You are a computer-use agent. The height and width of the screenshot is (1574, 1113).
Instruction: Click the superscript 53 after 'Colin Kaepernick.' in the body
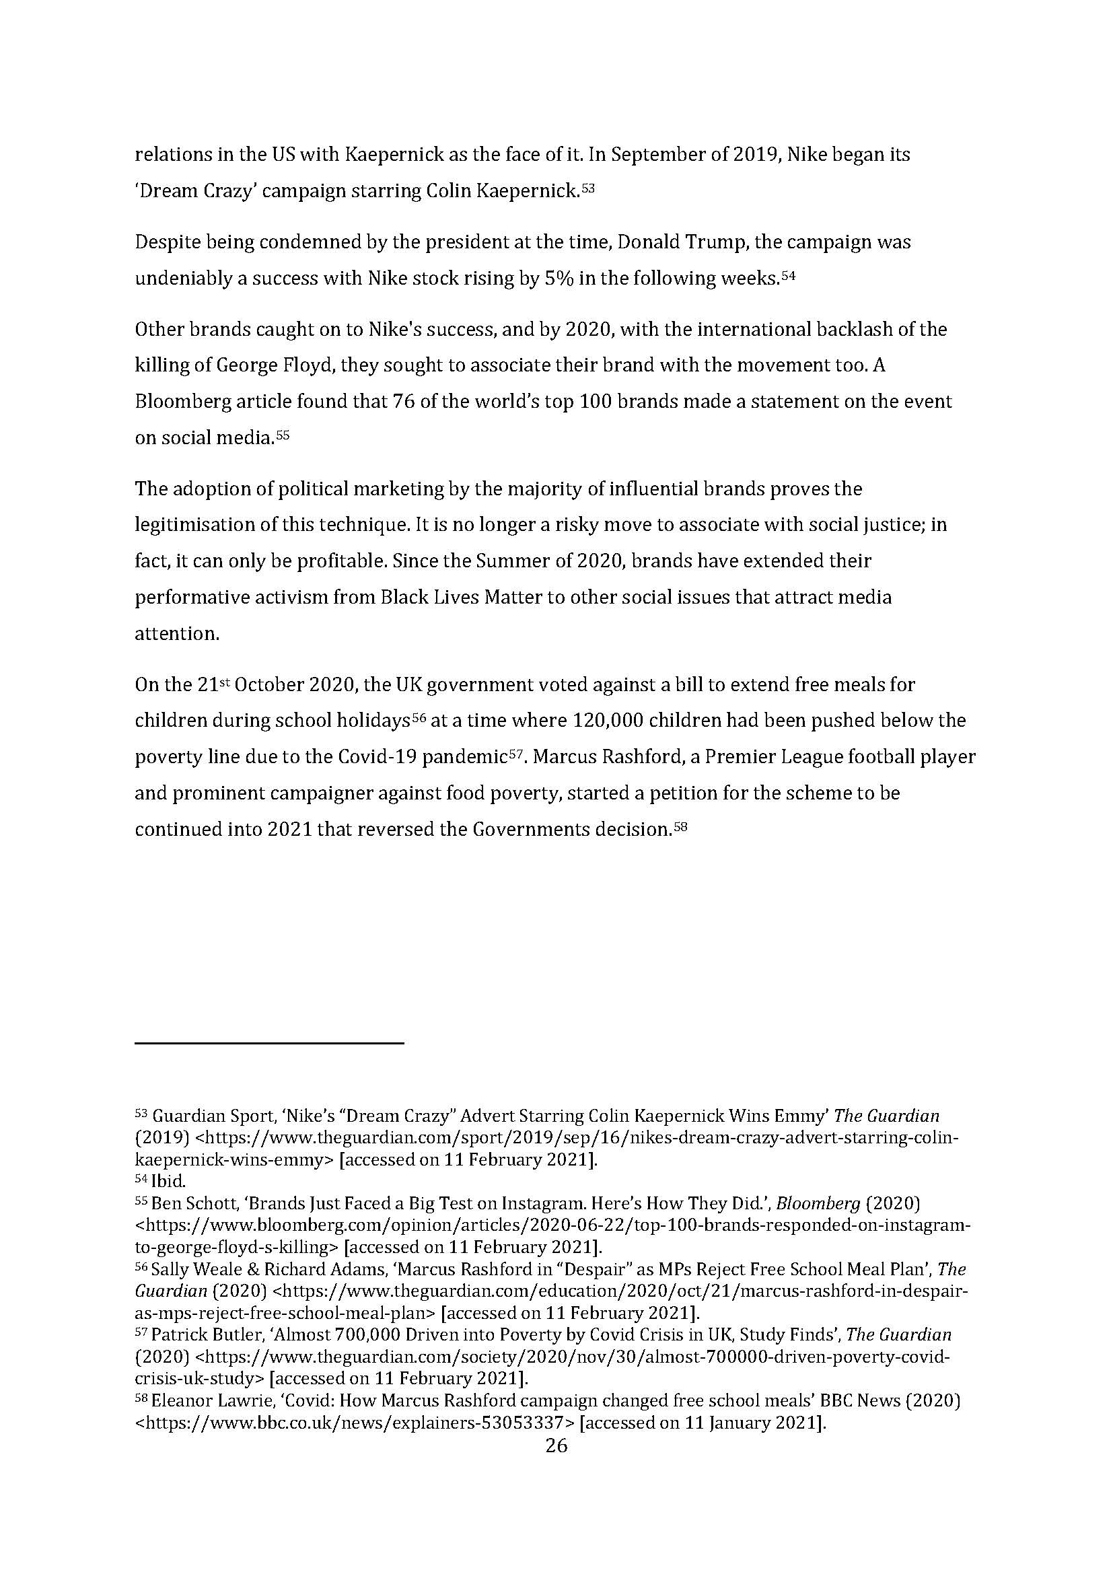click(587, 186)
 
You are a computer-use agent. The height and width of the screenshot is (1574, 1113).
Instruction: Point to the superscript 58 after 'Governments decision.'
click(680, 825)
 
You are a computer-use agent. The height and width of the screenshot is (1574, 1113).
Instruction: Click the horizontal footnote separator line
click(269, 1044)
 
